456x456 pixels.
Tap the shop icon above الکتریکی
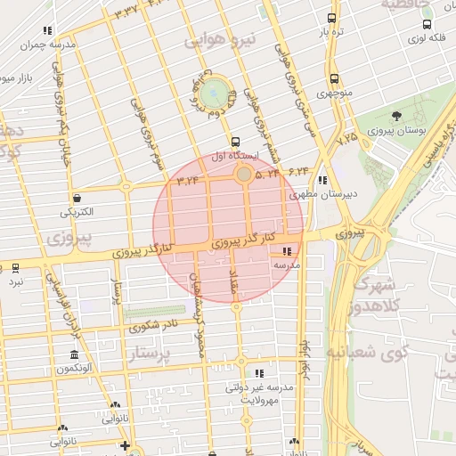pyautogui.click(x=77, y=198)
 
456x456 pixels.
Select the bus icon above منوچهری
pyautogui.click(x=334, y=78)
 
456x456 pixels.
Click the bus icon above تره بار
pyautogui.click(x=332, y=18)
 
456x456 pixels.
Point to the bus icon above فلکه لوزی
pyautogui.click(x=427, y=25)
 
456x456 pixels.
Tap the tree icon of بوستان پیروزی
pyautogui.click(x=396, y=116)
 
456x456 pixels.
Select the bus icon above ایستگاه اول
pyautogui.click(x=235, y=142)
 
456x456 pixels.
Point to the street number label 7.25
pyautogui.click(x=346, y=138)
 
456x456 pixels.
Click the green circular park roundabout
pyautogui.click(x=214, y=92)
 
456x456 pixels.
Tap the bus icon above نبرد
pyautogui.click(x=15, y=267)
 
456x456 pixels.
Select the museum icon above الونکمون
pyautogui.click(x=73, y=354)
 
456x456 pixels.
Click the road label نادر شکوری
pyautogui.click(x=151, y=326)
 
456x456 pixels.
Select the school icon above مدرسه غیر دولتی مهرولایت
pyautogui.click(x=259, y=373)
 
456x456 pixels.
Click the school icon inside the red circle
pyautogui.click(x=287, y=251)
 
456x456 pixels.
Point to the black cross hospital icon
pyautogui.click(x=126, y=445)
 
